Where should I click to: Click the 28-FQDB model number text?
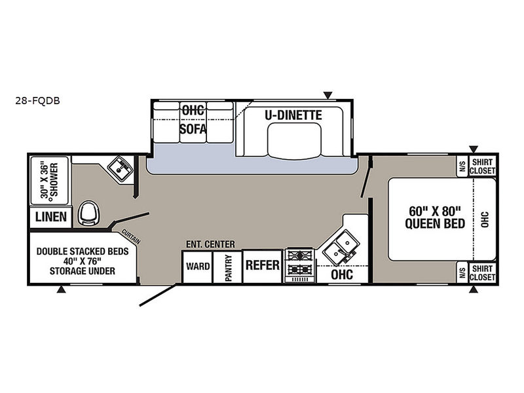tap(37, 101)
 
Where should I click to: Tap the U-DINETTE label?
tap(293, 115)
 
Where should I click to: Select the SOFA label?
tap(193, 128)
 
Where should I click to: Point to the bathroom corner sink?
tap(121, 168)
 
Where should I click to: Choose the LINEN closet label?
tap(51, 217)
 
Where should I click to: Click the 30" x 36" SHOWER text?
tap(50, 181)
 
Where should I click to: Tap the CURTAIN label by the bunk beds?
tap(131, 236)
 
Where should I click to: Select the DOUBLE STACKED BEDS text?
tap(83, 252)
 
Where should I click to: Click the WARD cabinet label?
tap(198, 267)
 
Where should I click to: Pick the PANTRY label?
tap(228, 268)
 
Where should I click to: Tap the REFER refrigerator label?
tap(263, 265)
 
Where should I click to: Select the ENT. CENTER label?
tap(210, 244)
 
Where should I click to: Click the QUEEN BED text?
tap(435, 223)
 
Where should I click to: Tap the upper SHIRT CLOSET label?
tap(482, 166)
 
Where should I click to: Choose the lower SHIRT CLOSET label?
tap(482, 273)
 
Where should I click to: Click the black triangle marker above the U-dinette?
tap(328, 96)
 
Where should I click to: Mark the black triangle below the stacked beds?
tap(61, 290)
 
